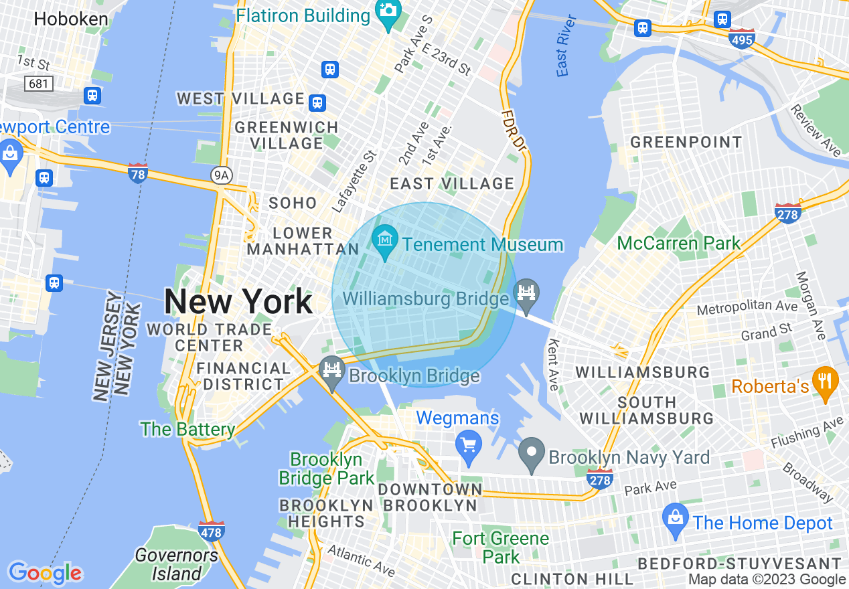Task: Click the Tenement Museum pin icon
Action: pyautogui.click(x=386, y=242)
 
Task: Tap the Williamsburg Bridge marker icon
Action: pyautogui.click(x=527, y=294)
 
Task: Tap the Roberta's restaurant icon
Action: pyautogui.click(x=825, y=383)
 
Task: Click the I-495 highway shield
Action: pyautogui.click(x=742, y=39)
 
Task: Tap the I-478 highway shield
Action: pyautogui.click(x=211, y=530)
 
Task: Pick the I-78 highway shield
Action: pyautogui.click(x=137, y=173)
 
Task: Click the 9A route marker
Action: pyautogui.click(x=220, y=175)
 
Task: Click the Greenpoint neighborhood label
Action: pyautogui.click(x=686, y=142)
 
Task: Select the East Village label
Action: pyautogui.click(x=452, y=183)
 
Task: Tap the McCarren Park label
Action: pyautogui.click(x=678, y=243)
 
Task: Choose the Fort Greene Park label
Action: pyautogui.click(x=500, y=548)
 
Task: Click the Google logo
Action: pyautogui.click(x=44, y=573)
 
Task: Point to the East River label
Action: pyautogui.click(x=562, y=54)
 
